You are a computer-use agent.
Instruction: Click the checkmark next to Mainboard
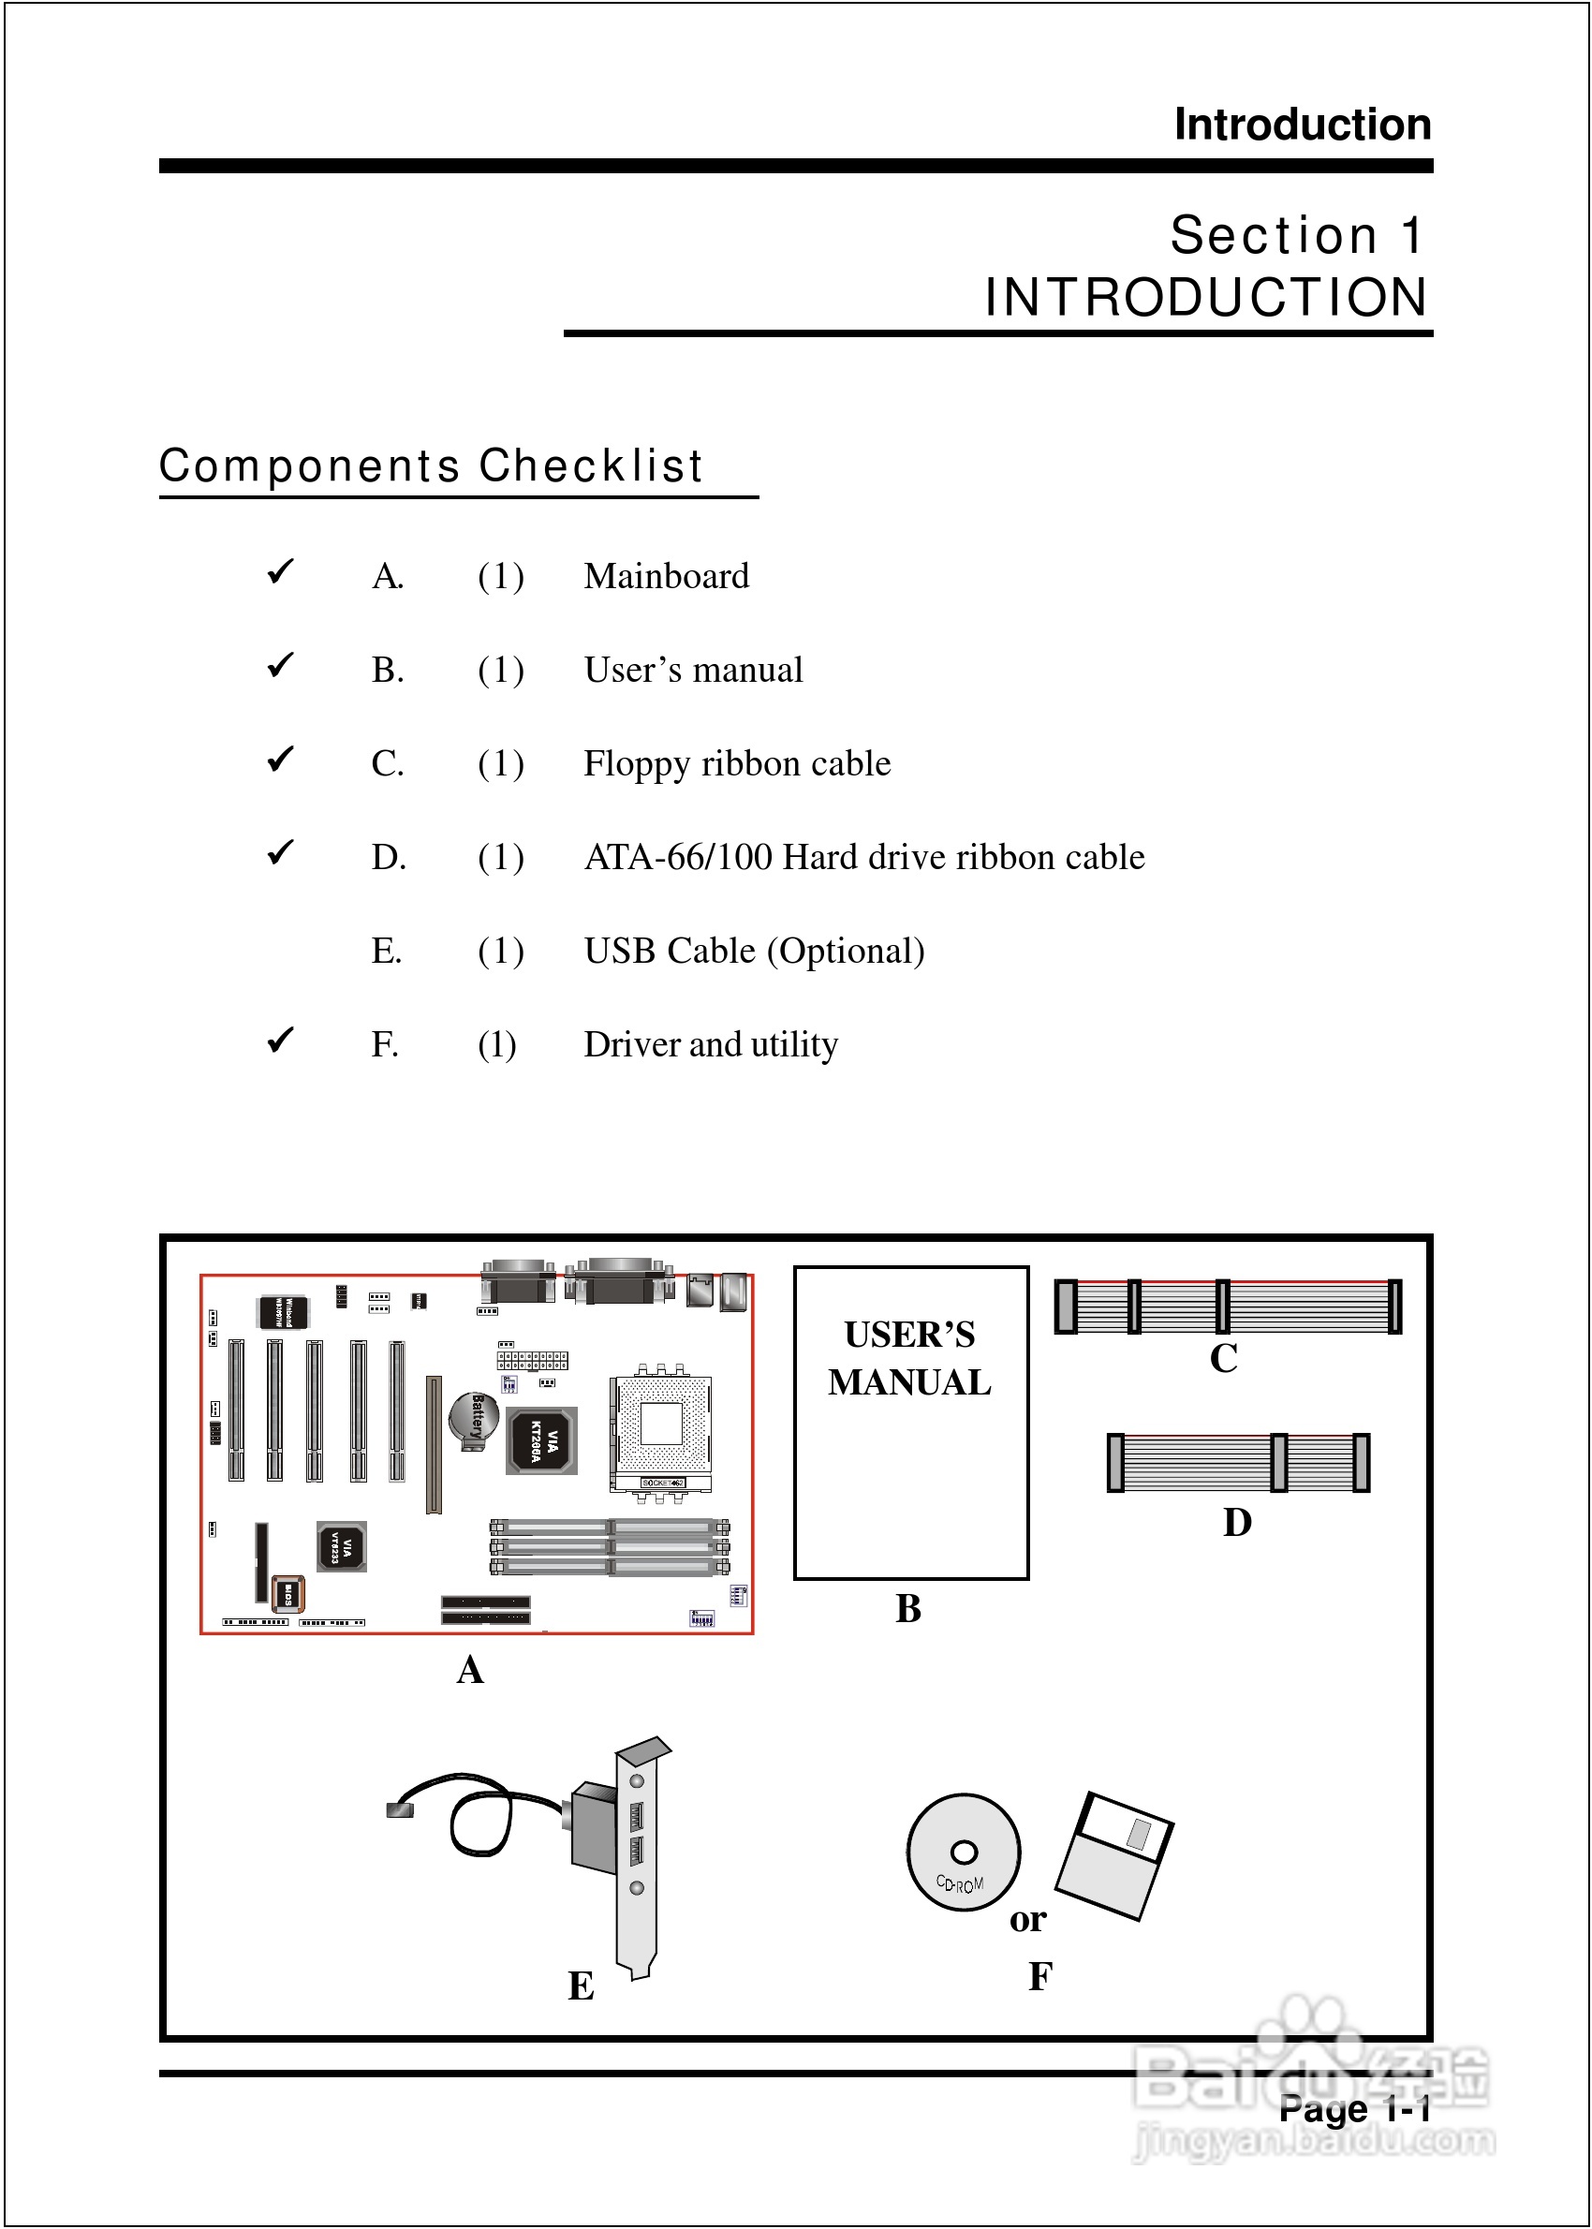point(280,570)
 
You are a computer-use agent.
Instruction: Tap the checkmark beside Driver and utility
point(280,1039)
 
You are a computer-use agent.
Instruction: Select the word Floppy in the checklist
point(636,763)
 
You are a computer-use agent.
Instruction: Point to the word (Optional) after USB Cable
point(846,952)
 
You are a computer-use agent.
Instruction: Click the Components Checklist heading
point(432,465)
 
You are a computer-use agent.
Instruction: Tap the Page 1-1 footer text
point(1354,2108)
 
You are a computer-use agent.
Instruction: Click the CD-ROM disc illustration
point(963,1853)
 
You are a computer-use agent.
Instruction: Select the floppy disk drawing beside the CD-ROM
point(1113,1855)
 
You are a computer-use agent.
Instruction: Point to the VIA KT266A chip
point(542,1439)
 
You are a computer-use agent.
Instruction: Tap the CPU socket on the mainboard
point(661,1426)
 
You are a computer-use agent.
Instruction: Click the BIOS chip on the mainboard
point(288,1595)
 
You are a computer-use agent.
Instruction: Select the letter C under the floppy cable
point(1223,1359)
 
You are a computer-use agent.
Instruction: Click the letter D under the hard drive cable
point(1237,1522)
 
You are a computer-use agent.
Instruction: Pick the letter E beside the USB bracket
point(582,1985)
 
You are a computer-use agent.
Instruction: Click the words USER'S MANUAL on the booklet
point(909,1359)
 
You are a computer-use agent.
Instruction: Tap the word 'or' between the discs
point(1028,1919)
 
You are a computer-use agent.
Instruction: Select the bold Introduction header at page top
point(1303,125)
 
